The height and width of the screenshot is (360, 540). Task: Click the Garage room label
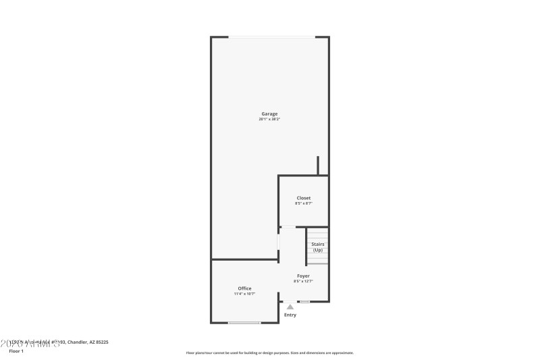(x=269, y=113)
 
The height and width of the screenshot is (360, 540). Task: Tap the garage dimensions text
(x=269, y=120)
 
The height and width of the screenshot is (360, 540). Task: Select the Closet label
(x=304, y=198)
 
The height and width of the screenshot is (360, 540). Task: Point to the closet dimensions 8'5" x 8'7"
(x=304, y=203)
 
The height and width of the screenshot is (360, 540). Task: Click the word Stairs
(x=317, y=244)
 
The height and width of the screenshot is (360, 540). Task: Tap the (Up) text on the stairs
(x=317, y=250)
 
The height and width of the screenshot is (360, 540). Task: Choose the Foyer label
(x=304, y=276)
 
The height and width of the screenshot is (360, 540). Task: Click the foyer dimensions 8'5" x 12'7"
(x=304, y=281)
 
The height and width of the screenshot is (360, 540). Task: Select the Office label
(x=244, y=288)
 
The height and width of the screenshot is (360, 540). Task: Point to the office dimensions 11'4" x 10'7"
(x=244, y=294)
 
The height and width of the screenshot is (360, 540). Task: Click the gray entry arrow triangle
(x=290, y=307)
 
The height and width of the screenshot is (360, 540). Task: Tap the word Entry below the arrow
(x=290, y=315)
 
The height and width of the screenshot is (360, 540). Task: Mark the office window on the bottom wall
(x=244, y=323)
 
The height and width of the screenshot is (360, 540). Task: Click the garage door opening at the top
(x=271, y=36)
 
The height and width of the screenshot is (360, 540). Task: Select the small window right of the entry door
(x=305, y=301)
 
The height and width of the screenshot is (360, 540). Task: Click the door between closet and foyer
(x=288, y=227)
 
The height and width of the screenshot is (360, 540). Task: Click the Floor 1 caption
(x=16, y=351)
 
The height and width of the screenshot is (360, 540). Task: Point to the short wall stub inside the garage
(x=318, y=165)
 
